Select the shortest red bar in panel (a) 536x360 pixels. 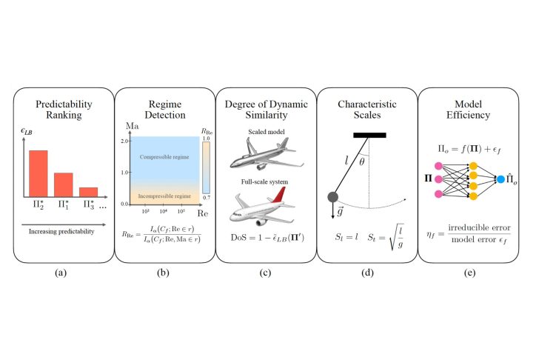[88, 191]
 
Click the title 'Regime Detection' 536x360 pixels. [164, 110]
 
